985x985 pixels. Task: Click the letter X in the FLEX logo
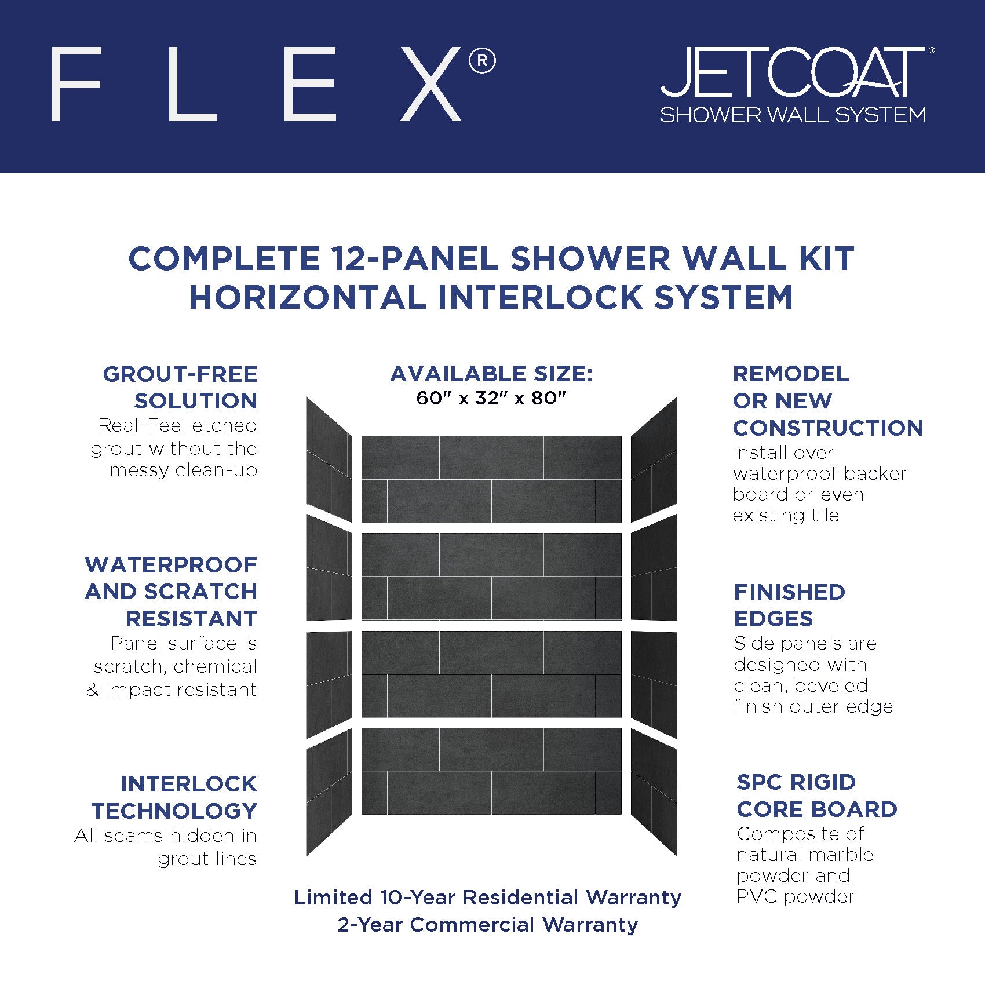pos(431,84)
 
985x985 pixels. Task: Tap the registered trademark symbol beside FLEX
pos(482,61)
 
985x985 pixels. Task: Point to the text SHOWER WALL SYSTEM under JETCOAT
pos(793,115)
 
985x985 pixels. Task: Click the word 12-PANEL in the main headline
pos(414,258)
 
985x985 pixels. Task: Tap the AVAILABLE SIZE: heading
pos(491,374)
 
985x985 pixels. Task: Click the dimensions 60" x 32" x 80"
pos(491,399)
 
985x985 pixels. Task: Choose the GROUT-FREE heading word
pos(180,374)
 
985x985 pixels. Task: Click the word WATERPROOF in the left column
pos(171,565)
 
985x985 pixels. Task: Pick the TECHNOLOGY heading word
pos(174,811)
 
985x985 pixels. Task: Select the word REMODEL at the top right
pos(791,374)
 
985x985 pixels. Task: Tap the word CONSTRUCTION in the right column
pos(828,428)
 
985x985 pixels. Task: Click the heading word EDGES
pos(774,619)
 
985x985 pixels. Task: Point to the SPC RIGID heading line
pos(796,782)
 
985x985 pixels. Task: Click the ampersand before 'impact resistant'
pos(93,690)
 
